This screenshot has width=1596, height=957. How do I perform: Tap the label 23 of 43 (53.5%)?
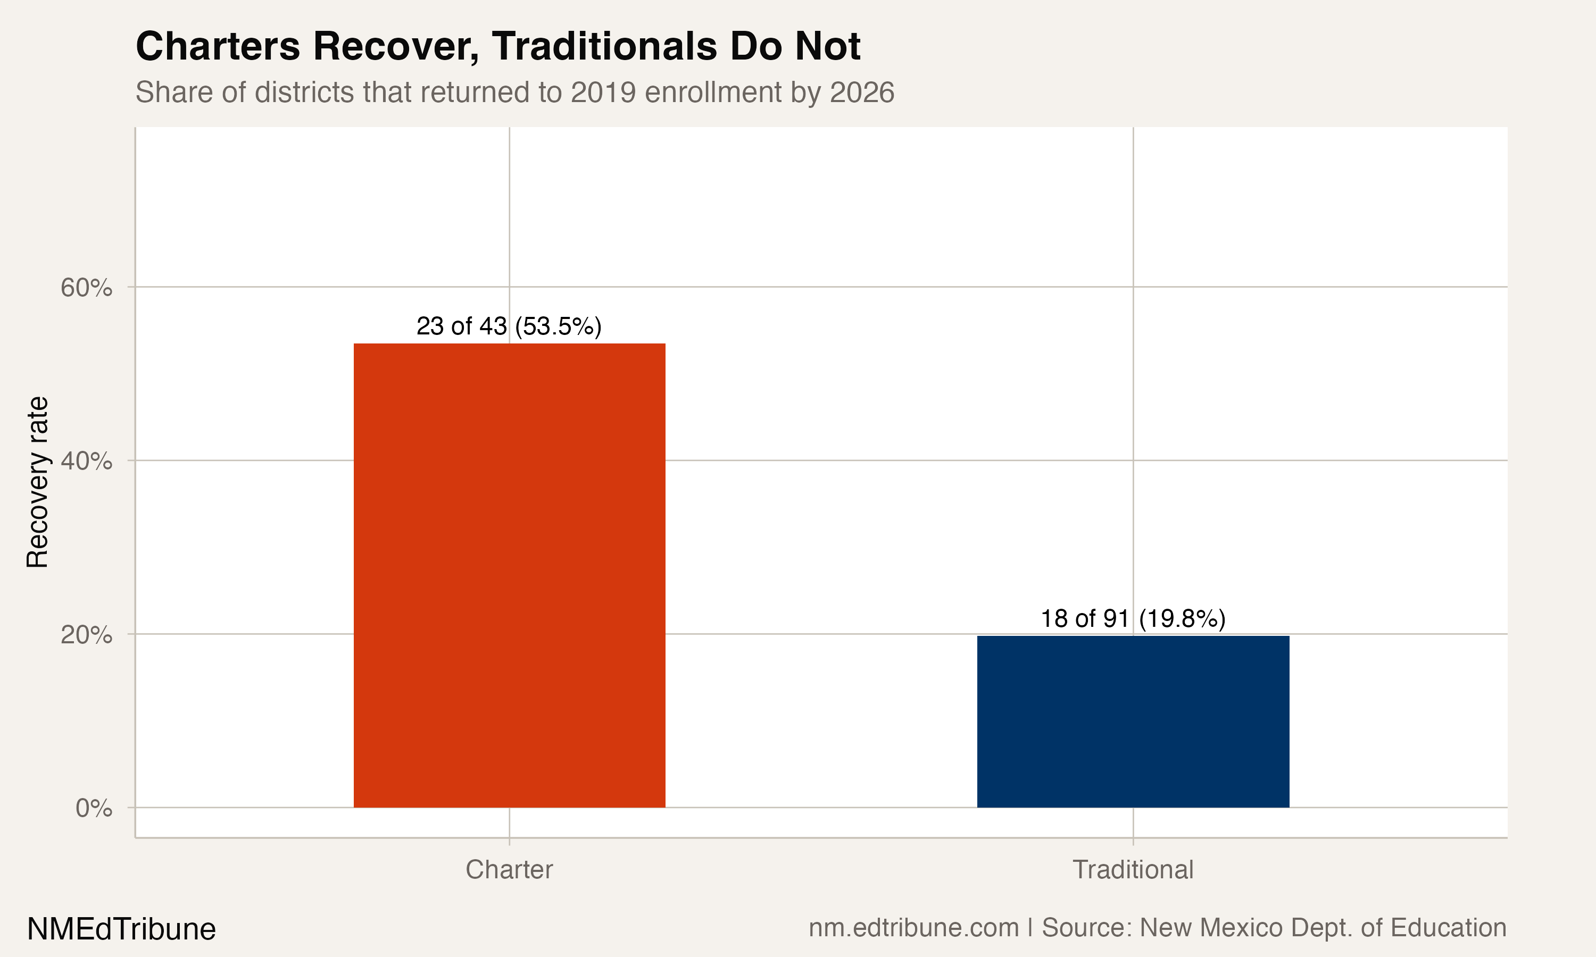click(x=509, y=326)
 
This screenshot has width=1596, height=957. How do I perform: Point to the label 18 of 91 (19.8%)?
click(x=1133, y=618)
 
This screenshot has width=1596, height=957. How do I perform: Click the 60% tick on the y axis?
click(x=86, y=288)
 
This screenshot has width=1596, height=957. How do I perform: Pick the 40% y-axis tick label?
click(x=86, y=461)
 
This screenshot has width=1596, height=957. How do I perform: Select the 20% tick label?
click(x=86, y=635)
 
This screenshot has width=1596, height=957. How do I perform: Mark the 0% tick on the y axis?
click(x=94, y=808)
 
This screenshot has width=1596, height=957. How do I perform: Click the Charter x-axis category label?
click(x=509, y=869)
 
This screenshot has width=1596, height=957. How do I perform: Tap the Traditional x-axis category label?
click(x=1133, y=869)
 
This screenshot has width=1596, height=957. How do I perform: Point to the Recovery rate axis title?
click(x=37, y=482)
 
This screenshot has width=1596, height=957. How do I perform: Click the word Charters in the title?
click(x=218, y=46)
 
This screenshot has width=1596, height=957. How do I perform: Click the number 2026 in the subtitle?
click(x=862, y=92)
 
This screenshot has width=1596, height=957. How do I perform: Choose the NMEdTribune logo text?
click(x=121, y=929)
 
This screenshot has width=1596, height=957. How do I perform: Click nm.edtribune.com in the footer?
click(x=913, y=927)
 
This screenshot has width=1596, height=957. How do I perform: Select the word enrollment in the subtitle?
click(x=713, y=92)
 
